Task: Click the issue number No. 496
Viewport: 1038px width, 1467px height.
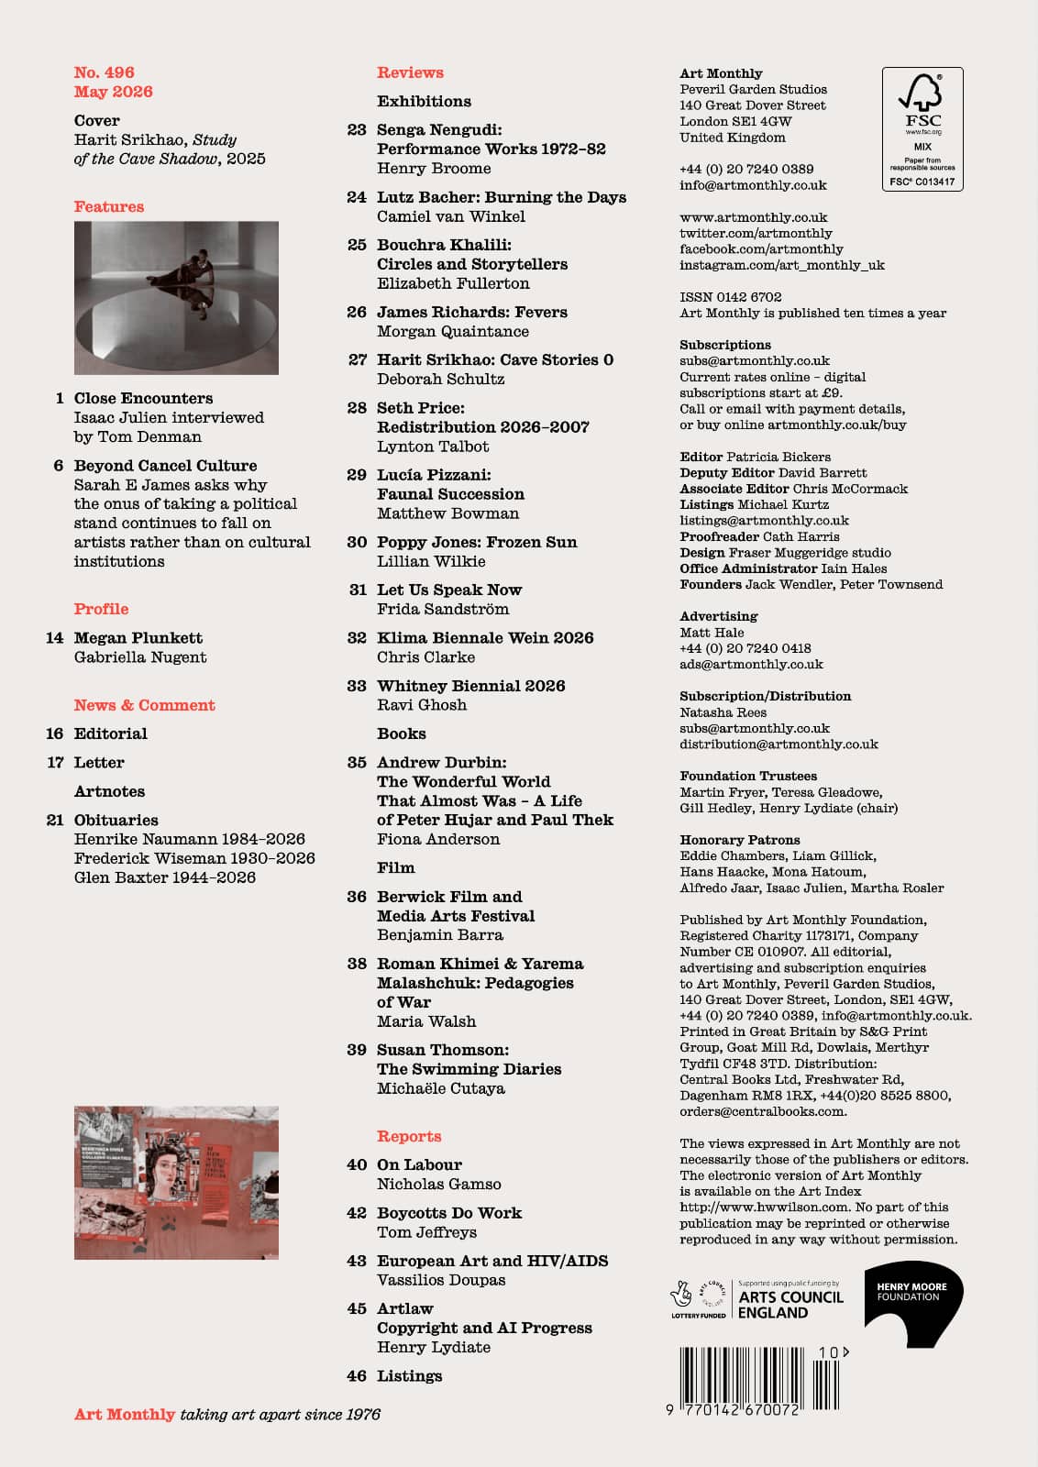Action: tap(104, 72)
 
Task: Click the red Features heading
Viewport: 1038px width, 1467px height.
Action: tap(109, 206)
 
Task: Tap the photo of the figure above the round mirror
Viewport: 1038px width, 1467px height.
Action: tap(176, 297)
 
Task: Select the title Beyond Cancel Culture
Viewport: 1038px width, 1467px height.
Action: tap(165, 466)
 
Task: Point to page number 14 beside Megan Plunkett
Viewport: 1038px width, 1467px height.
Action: tap(55, 638)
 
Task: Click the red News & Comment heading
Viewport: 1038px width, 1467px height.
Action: tap(144, 705)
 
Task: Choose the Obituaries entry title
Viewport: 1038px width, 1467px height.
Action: tap(116, 820)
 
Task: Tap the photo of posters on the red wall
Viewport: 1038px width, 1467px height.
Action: tap(176, 1182)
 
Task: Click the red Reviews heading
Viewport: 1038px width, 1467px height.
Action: tap(410, 72)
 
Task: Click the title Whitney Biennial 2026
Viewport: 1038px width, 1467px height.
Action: tap(470, 686)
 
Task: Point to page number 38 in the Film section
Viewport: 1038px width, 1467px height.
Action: tap(357, 964)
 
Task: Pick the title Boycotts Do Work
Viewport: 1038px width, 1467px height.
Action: tap(448, 1213)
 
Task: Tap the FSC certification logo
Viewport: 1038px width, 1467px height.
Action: tap(922, 128)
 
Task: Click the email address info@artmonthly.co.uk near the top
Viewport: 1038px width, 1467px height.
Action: tap(753, 185)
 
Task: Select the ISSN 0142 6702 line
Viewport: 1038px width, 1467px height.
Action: tap(730, 297)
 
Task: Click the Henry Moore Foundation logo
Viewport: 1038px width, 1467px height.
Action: tap(912, 1307)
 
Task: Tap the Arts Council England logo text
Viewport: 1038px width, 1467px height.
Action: tap(790, 1305)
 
